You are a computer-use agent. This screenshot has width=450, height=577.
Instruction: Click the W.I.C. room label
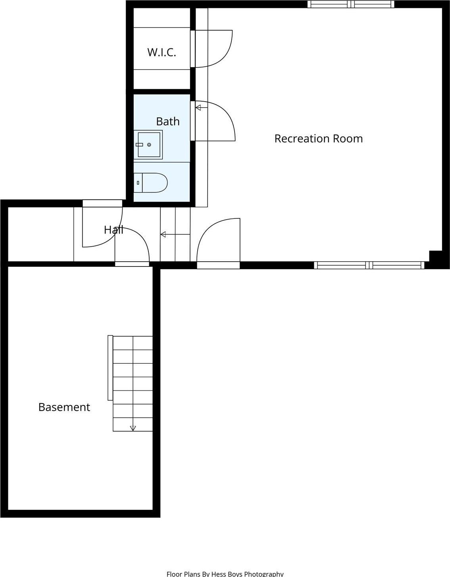tap(162, 52)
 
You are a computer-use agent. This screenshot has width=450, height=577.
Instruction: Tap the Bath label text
tap(167, 121)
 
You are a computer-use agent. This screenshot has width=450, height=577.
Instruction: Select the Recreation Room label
tap(318, 139)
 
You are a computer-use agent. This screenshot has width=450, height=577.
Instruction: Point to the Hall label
tap(113, 230)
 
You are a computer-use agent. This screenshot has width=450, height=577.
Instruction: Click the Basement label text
tap(64, 407)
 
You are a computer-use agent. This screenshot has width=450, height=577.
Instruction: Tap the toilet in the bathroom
tap(153, 183)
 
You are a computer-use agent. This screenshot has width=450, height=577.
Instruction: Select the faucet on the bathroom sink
tap(140, 145)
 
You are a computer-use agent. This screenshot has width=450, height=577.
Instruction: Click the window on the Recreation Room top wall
tap(351, 4)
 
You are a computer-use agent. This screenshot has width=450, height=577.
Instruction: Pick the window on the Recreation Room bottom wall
tap(369, 265)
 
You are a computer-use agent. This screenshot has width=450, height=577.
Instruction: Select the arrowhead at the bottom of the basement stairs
tap(133, 428)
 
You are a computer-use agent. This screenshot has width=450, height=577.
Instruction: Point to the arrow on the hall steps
tap(163, 235)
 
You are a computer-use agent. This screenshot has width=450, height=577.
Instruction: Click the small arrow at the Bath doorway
tap(198, 107)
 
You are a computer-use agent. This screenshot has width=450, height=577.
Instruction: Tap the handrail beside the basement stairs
tap(110, 368)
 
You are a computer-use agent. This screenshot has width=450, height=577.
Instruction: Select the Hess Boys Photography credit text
tap(225, 573)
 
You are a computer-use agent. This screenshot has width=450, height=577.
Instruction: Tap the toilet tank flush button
tap(138, 183)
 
